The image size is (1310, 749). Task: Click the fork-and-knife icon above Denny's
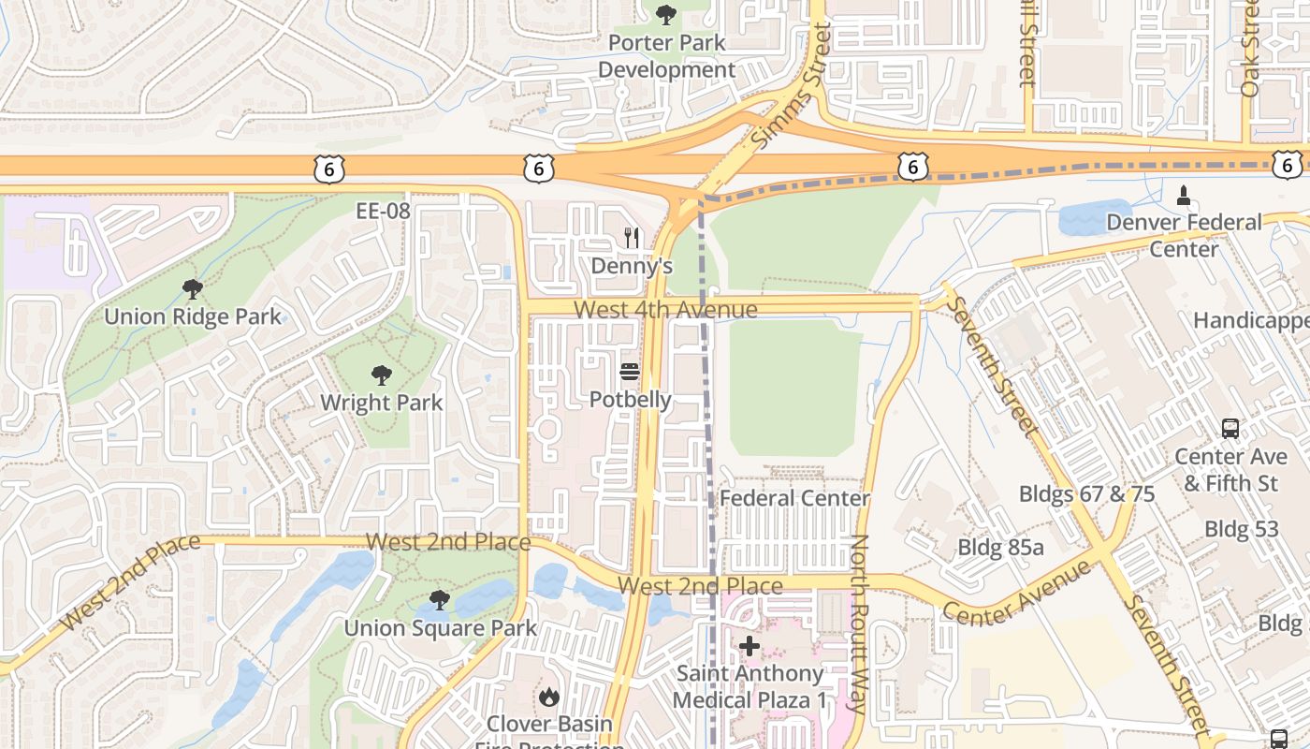[632, 239]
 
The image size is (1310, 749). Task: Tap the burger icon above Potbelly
[630, 373]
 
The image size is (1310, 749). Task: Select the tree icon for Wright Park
[381, 375]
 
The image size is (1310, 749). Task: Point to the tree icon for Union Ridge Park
[193, 288]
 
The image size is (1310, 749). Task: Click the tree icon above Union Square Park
[439, 600]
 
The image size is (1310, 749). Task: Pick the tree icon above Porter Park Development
[666, 15]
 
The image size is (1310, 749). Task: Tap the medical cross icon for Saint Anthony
[750, 646]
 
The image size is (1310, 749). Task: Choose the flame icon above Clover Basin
[549, 697]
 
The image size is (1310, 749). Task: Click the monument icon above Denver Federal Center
[1184, 195]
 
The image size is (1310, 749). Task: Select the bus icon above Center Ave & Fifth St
[1230, 429]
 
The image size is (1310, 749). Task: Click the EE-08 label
[384, 211]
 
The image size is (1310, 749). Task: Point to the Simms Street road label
[792, 86]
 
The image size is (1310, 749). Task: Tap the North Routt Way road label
[860, 624]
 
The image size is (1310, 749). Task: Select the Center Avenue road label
[1016, 592]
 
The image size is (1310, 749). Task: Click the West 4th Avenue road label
[665, 309]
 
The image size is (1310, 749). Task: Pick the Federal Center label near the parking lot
[794, 498]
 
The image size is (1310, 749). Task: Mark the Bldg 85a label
[1000, 547]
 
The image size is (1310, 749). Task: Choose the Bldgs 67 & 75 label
[1086, 493]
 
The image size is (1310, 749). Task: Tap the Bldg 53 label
[1241, 529]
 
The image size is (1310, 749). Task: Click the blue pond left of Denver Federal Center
[1096, 217]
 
